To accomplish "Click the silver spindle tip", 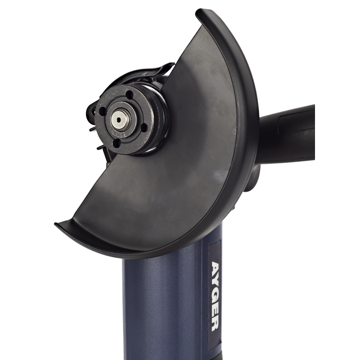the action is (x=118, y=120).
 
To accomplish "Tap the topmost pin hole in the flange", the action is (x=130, y=94).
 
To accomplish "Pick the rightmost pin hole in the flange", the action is (x=144, y=127).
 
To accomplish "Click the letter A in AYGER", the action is (x=216, y=268).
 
